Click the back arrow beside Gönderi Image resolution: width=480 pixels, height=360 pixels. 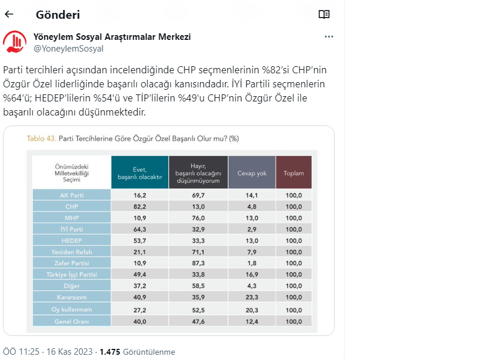(9, 14)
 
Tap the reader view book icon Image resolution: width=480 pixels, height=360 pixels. (324, 14)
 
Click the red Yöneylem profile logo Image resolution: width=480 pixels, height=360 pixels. (15, 42)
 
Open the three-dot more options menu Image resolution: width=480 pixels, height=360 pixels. (329, 36)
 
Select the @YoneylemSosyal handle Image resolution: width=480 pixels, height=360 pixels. (69, 49)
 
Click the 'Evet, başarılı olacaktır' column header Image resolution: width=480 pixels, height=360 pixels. (139, 172)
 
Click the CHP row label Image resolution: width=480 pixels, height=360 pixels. (72, 206)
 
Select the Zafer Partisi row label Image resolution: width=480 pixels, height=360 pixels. (72, 263)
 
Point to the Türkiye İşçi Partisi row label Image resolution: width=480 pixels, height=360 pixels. (72, 274)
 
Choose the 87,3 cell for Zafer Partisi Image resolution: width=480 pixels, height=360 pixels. (198, 263)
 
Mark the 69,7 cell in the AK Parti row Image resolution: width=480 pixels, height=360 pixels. (198, 195)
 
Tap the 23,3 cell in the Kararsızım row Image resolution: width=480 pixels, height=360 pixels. (251, 297)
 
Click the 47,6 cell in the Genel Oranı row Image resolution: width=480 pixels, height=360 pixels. (198, 320)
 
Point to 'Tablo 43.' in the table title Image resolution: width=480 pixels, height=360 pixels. (42, 138)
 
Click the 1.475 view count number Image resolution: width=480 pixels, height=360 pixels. (110, 352)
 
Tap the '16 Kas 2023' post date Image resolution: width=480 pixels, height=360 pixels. (69, 352)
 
